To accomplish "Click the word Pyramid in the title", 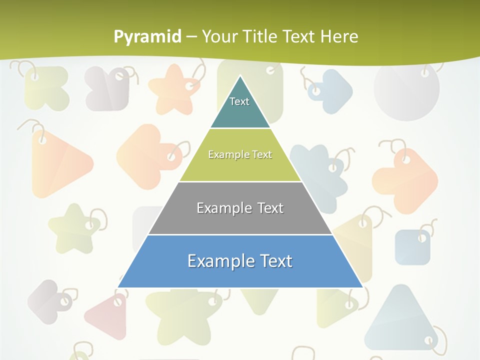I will click(x=147, y=36).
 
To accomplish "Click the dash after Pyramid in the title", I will click(x=191, y=36).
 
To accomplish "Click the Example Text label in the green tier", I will click(x=240, y=154).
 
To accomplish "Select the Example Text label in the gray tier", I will click(x=240, y=208).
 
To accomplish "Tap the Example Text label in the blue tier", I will click(x=240, y=261).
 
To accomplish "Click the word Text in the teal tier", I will click(x=239, y=101).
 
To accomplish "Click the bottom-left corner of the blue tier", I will click(x=118, y=287).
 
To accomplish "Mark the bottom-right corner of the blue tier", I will click(x=362, y=287).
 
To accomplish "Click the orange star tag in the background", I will click(x=173, y=90).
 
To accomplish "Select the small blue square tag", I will click(x=412, y=246).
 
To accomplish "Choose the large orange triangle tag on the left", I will click(x=57, y=162).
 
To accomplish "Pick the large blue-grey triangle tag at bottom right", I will click(x=400, y=320).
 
